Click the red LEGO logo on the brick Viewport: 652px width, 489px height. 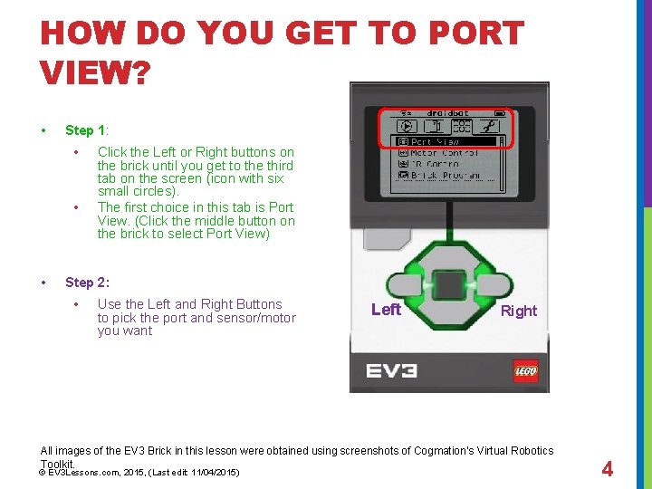(525, 371)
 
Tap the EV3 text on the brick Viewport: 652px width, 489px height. (391, 371)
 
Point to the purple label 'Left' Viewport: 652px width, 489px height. (386, 310)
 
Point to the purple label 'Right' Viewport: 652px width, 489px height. (519, 311)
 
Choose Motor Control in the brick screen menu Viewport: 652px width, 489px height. (444, 153)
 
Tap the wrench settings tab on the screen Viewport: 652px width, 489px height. (490, 127)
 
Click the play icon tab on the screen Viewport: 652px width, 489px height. (407, 127)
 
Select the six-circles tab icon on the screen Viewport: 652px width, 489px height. (462, 127)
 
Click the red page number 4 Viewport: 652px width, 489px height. (608, 469)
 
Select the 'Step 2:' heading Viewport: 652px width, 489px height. (87, 283)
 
